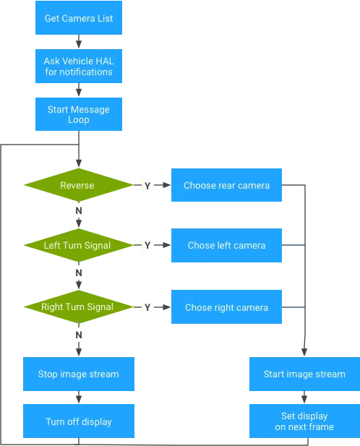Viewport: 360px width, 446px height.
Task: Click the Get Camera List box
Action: (x=79, y=17)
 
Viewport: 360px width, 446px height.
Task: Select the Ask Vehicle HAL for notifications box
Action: (x=79, y=66)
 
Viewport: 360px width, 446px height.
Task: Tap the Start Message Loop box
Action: (x=79, y=114)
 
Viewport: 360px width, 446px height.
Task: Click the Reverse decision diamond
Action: (x=79, y=185)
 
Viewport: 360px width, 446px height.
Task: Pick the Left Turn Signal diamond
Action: (x=79, y=245)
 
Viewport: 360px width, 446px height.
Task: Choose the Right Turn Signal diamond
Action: (x=79, y=307)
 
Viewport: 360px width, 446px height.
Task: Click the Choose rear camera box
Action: (x=226, y=185)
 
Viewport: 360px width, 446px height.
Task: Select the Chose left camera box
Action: (x=226, y=245)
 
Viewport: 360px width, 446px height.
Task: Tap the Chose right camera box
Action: (x=226, y=307)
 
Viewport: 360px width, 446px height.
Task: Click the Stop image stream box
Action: (x=79, y=374)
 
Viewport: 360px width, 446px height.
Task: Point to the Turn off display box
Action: (x=79, y=421)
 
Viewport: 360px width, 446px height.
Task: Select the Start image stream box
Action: (x=304, y=374)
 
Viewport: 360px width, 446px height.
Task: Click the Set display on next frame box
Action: (x=304, y=421)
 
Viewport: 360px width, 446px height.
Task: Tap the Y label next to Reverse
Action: (x=147, y=186)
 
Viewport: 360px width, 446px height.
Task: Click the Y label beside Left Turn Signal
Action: (x=147, y=245)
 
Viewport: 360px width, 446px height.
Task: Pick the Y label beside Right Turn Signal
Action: (x=147, y=307)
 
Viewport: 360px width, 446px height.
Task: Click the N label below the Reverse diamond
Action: (x=79, y=211)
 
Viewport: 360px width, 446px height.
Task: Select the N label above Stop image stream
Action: (x=79, y=335)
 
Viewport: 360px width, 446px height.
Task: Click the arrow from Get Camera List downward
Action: (x=79, y=41)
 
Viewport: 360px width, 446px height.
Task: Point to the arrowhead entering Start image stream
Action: (x=304, y=352)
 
